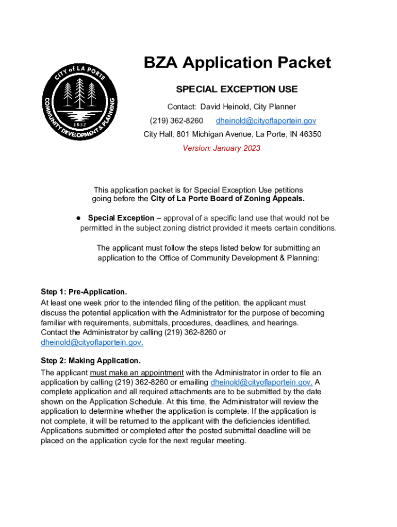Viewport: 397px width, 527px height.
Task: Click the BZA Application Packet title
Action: coord(237,63)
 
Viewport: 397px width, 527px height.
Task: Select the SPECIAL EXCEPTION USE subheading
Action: coord(237,89)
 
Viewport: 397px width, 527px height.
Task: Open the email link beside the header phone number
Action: coord(266,120)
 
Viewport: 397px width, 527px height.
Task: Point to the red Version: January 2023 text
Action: coord(222,148)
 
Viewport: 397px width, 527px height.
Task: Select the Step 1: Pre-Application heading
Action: coord(84,292)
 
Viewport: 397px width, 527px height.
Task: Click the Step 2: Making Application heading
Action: coord(90,360)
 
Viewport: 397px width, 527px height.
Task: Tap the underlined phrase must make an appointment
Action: coord(137,373)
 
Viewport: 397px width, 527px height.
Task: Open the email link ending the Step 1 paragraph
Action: coord(92,342)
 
